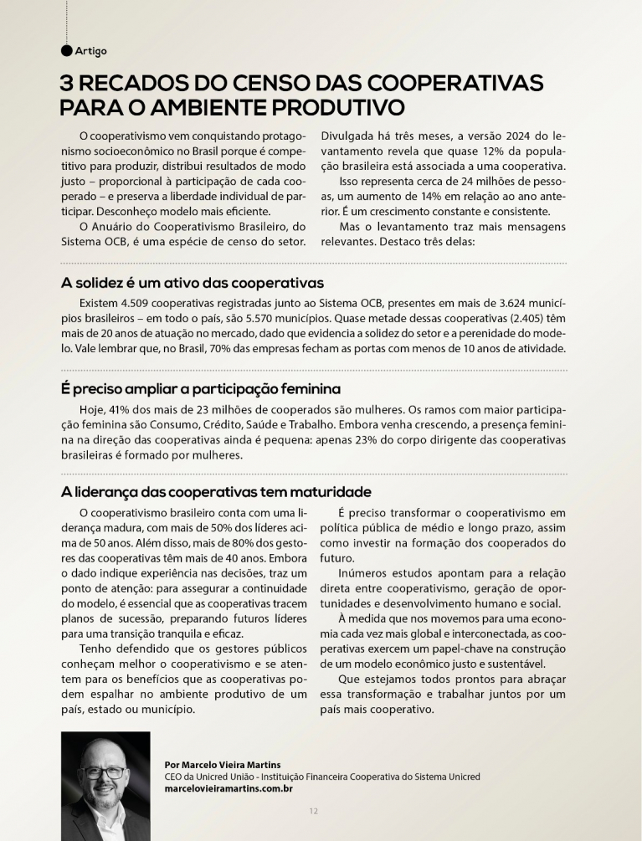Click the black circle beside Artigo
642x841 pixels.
[66, 50]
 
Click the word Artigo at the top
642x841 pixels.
[91, 51]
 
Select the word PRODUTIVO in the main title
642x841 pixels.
[335, 108]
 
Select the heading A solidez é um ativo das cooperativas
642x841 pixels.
[193, 282]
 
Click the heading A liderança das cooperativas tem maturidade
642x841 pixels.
[216, 491]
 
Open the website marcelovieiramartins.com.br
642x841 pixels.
[229, 788]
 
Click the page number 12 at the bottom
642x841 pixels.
[313, 811]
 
